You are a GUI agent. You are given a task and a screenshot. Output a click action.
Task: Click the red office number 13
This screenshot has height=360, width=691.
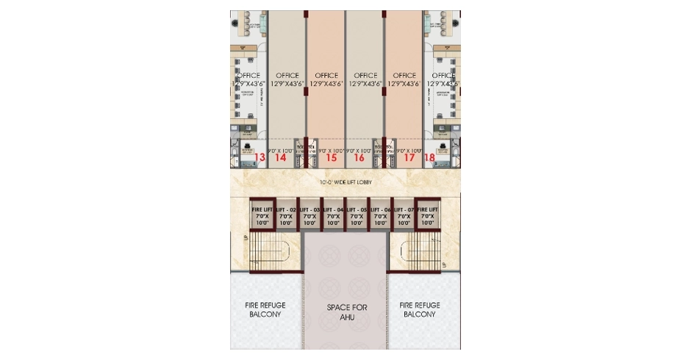tap(259, 157)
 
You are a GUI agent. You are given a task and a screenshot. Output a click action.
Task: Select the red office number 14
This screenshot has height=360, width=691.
tap(280, 157)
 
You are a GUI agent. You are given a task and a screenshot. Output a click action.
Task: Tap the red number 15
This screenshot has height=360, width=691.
tap(331, 157)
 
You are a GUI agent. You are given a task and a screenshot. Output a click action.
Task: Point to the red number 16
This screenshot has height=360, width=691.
tap(359, 157)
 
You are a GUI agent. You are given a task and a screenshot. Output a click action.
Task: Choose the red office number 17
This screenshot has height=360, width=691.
tap(409, 157)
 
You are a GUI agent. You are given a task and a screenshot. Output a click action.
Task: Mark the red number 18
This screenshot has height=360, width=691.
tap(430, 157)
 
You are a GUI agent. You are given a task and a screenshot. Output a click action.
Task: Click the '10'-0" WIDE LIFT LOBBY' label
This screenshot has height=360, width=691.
tap(345, 181)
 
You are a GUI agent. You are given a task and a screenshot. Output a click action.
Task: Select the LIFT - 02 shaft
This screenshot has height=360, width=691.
tap(286, 215)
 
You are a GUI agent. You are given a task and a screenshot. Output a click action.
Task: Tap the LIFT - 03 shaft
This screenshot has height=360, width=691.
tap(309, 215)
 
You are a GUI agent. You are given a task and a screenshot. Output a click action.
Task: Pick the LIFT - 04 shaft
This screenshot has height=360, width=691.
tap(333, 215)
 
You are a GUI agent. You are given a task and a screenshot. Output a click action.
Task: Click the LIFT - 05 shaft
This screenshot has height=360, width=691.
tap(357, 215)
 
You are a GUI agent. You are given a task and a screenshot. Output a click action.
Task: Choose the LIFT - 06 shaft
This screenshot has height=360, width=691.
tap(380, 215)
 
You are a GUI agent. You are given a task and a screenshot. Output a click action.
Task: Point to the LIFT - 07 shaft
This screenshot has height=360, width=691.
tap(404, 215)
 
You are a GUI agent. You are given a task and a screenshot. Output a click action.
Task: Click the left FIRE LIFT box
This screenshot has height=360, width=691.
tap(262, 215)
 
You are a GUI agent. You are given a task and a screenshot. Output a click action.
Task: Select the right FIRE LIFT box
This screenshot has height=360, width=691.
tap(427, 215)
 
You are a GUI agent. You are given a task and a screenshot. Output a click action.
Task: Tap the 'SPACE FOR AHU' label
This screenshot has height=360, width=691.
tap(346, 311)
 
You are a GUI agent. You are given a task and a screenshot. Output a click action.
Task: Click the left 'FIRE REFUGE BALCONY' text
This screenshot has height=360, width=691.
tap(265, 309)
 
